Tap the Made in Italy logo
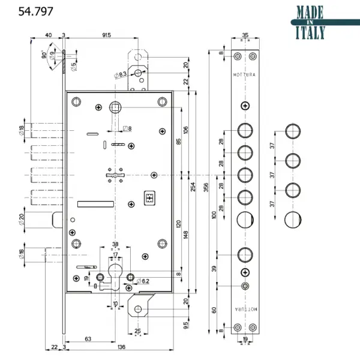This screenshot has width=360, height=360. tap(310, 22)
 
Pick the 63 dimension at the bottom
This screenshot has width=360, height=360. tap(88, 339)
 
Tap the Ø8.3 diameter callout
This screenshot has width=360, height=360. tap(120, 74)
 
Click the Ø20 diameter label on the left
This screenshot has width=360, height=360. tap(21, 221)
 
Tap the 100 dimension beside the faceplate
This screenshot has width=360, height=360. tap(214, 215)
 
